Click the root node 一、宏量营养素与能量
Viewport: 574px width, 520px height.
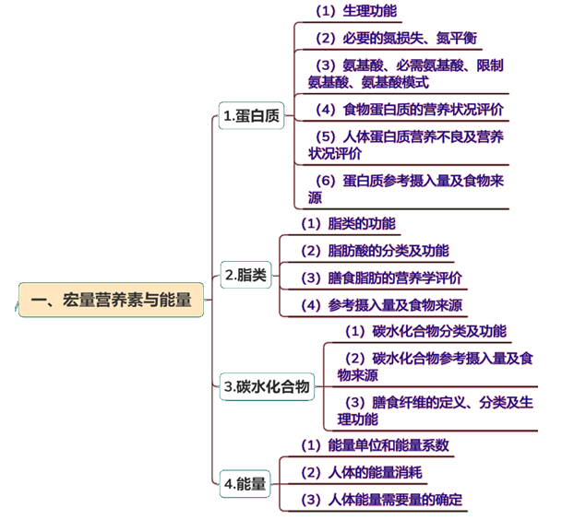(x=111, y=300)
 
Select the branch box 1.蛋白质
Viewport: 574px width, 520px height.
(x=251, y=115)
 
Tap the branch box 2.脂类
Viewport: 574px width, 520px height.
(x=245, y=275)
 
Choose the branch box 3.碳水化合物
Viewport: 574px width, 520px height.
(x=268, y=387)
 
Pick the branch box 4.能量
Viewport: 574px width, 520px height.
(x=245, y=483)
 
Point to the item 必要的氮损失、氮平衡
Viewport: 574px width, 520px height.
(x=396, y=38)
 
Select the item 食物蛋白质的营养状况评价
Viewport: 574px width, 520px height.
(x=410, y=109)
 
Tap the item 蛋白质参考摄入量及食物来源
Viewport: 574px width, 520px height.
(x=406, y=189)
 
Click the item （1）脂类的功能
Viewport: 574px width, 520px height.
(x=348, y=223)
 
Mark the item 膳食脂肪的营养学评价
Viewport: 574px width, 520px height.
(x=382, y=278)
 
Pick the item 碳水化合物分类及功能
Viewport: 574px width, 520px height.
(x=425, y=331)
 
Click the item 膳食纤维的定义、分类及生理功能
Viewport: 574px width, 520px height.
(x=434, y=410)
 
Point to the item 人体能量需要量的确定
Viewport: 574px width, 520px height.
(x=382, y=501)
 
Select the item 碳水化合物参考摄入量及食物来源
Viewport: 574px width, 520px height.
(x=434, y=366)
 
